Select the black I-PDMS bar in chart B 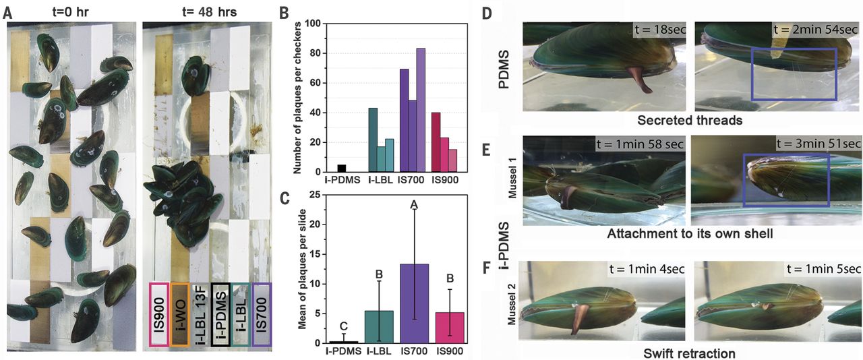point(342,169)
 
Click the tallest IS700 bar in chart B point(421,111)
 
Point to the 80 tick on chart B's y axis point(314,53)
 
